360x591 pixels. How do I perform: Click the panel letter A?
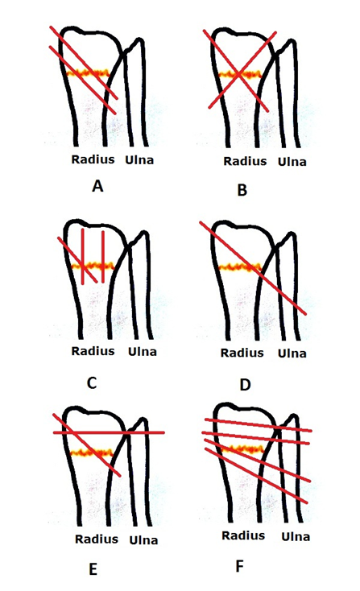point(97,186)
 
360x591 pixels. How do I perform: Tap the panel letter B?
point(242,190)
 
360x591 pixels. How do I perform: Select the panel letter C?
point(92,383)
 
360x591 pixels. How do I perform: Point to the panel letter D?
point(245,385)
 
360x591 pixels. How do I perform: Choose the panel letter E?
point(93,569)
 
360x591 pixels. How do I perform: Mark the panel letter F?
point(239,566)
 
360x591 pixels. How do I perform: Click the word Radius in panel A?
point(93,159)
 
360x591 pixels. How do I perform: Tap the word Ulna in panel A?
point(139,160)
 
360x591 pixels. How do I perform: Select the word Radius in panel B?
point(245,161)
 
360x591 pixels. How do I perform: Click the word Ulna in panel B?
point(292,162)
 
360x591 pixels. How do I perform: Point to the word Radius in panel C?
point(93,351)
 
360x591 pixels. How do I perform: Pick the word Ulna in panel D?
point(292,353)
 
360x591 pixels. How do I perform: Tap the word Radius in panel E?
point(97,539)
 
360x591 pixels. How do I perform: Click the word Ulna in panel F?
point(296,536)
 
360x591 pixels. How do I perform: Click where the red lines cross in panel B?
point(238,74)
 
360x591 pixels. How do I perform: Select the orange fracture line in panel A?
point(88,73)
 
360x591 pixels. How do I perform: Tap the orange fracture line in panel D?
point(239,268)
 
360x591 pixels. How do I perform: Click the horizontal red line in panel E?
point(109,432)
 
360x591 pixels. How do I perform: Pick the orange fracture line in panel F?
point(242,449)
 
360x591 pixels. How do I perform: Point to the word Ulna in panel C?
point(142,352)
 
